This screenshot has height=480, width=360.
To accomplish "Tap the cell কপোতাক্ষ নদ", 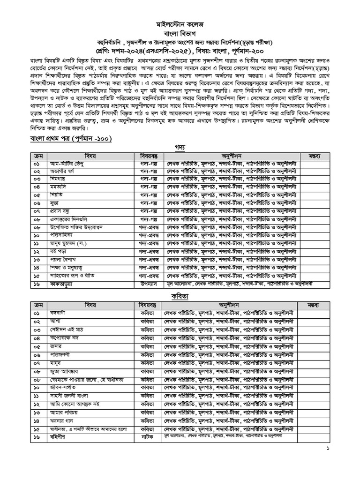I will [65, 337].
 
